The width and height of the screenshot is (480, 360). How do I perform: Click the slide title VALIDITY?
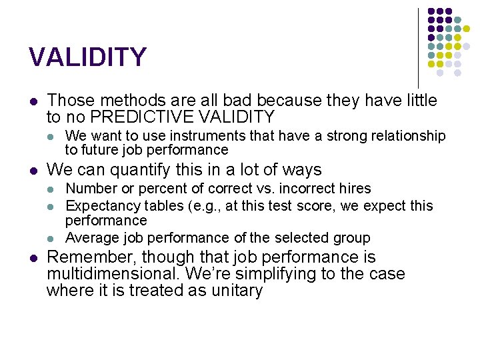coord(87,57)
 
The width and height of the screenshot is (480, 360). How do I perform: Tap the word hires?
coord(354,189)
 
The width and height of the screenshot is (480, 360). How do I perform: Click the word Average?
coord(91,238)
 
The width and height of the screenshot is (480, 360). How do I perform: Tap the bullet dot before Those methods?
coord(33,101)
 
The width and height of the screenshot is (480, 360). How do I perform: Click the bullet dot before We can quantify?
coord(33,170)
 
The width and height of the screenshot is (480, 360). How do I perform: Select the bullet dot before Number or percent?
coord(52,189)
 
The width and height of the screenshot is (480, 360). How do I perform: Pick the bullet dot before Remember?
coord(33,258)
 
